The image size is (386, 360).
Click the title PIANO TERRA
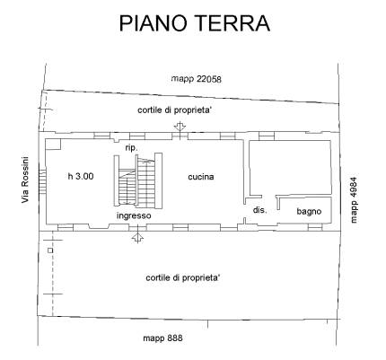[195, 23]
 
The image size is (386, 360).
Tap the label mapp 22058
[197, 79]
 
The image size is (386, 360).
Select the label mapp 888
[162, 338]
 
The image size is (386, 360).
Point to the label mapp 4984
[354, 200]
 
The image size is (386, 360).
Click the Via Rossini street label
[25, 180]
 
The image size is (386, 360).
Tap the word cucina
[201, 177]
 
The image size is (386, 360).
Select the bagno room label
[309, 211]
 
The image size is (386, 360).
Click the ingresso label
[134, 215]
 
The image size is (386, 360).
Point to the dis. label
[259, 210]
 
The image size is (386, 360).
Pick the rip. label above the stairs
[131, 148]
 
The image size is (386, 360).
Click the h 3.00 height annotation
[81, 176]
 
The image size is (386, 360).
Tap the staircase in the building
[138, 181]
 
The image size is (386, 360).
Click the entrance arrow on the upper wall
[180, 127]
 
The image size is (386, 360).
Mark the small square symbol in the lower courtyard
[50, 250]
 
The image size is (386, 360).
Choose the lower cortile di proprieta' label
[183, 277]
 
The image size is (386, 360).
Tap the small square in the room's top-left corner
[53, 145]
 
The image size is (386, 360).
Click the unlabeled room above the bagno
[290, 168]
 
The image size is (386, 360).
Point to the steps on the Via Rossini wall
[42, 181]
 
